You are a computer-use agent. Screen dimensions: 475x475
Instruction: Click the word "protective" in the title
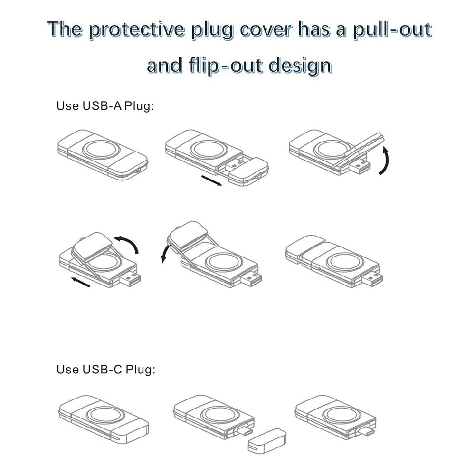[137, 30]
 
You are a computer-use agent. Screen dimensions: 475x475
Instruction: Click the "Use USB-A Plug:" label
[105, 106]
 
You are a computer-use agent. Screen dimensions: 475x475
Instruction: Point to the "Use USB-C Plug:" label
[106, 370]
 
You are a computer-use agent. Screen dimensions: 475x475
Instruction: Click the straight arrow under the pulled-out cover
[211, 180]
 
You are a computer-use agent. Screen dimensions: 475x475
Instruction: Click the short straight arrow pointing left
[81, 282]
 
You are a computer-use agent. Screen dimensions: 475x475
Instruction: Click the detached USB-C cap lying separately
[267, 441]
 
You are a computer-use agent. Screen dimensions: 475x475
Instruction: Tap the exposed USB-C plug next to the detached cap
[245, 430]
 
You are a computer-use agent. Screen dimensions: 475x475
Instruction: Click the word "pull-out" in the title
[393, 30]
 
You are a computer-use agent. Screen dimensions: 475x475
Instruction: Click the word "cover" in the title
[266, 30]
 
